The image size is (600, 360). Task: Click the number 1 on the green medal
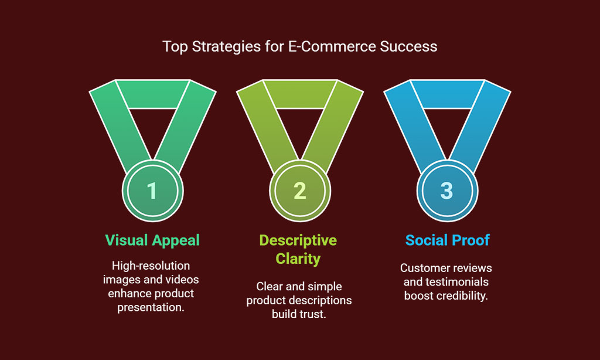152,191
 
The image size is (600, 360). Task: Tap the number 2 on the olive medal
299,191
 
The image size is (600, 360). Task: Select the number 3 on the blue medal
446,191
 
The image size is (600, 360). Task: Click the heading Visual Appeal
152,240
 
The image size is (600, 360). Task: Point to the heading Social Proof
447,240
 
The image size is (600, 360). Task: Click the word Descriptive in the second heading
298,240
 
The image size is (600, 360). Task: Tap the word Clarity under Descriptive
298,259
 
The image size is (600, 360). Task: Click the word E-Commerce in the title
332,46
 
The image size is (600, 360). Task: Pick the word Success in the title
408,46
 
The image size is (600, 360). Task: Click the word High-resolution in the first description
151,266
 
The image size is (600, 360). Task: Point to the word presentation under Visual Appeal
151,307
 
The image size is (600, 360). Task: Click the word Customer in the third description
425,268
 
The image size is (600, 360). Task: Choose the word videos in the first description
182,280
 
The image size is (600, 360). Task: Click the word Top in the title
175,47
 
